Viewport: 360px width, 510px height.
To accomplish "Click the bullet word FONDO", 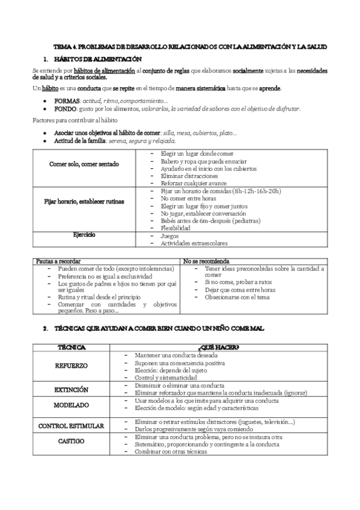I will [x=66, y=108].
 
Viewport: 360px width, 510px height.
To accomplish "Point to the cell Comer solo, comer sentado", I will [x=84, y=164].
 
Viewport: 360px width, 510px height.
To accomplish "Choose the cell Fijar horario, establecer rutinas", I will [x=84, y=201].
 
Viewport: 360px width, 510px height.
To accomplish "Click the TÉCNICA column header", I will [x=72, y=348].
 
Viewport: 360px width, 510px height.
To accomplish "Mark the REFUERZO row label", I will [x=72, y=366].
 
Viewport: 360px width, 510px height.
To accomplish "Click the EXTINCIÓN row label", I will [x=72, y=389].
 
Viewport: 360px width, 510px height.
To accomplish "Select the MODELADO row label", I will [x=72, y=405].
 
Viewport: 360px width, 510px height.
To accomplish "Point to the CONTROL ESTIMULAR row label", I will [x=72, y=426].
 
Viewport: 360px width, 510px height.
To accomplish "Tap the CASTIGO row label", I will [x=72, y=441].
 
